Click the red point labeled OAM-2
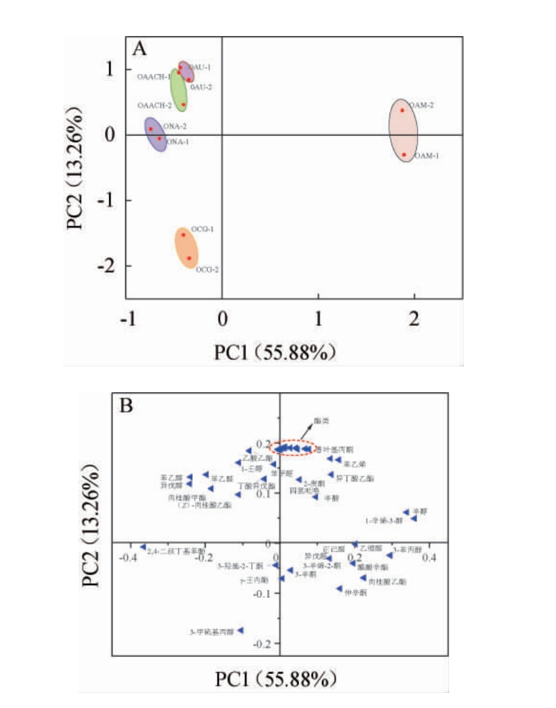402,110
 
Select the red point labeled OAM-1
404,154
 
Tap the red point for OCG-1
183,235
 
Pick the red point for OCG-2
188,258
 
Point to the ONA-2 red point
151,129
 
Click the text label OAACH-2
154,105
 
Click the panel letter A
140,49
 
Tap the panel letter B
126,406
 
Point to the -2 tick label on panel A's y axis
106,266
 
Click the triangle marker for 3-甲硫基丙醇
240,630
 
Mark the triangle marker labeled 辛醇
406,512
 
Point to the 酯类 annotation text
321,421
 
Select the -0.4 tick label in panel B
128,559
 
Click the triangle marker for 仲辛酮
339,589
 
